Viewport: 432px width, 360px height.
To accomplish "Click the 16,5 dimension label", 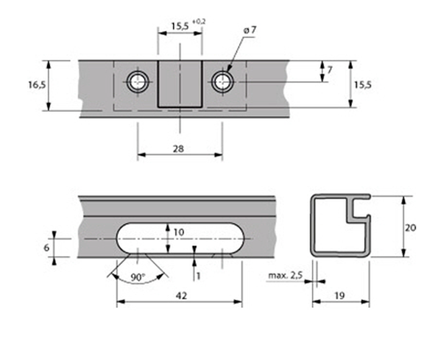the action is point(37,85).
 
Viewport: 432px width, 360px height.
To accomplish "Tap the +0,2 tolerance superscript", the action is point(199,22).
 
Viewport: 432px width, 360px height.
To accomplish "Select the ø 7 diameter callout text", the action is point(250,30).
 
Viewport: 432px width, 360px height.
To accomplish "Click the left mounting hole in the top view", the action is point(138,82).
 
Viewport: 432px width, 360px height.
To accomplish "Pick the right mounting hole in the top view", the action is point(222,82).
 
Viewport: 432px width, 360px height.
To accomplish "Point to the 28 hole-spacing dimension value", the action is point(179,149).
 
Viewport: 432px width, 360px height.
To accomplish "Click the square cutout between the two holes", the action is point(180,84).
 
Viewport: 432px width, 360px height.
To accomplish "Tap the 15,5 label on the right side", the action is point(363,85).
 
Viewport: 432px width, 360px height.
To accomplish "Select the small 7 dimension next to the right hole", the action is point(330,70).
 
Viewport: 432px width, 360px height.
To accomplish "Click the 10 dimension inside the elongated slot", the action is point(179,232).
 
